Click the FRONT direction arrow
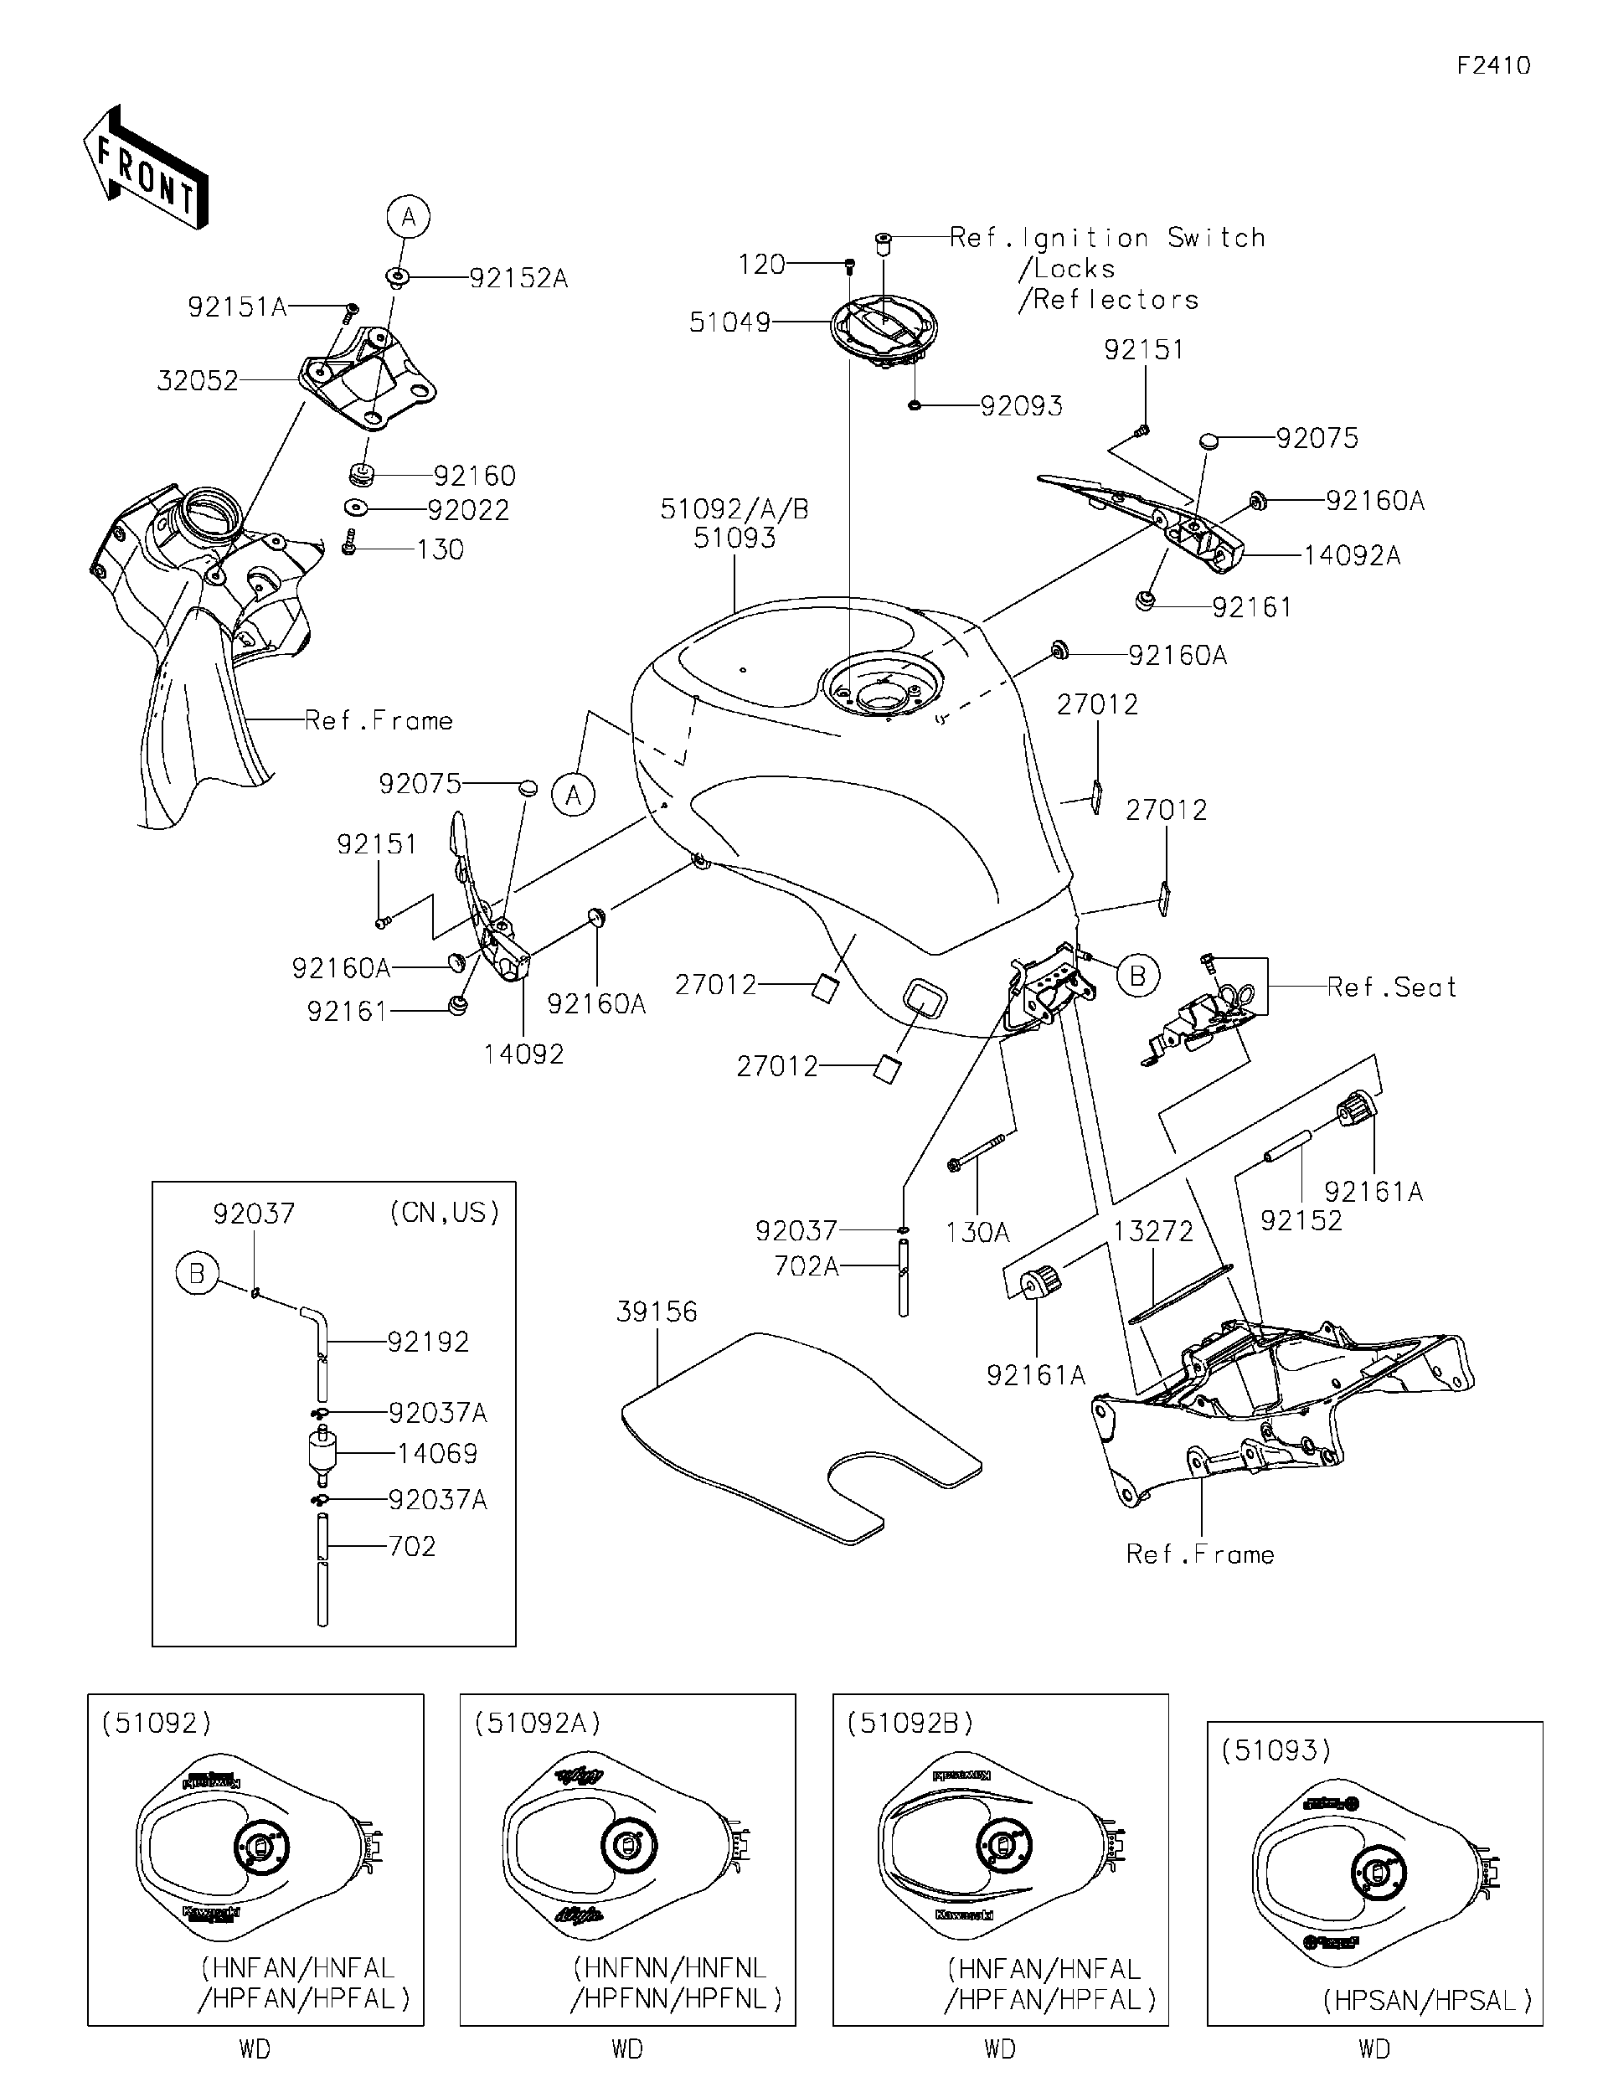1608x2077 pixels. pos(145,168)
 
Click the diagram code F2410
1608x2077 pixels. pos(1494,65)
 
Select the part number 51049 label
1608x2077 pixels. pos(729,323)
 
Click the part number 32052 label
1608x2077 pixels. pos(197,381)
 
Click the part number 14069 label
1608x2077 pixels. pos(437,1453)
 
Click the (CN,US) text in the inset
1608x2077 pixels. pos(444,1213)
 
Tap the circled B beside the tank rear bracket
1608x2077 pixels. pos(1137,975)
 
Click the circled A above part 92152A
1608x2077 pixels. pos(408,218)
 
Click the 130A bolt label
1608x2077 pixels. pos(977,1233)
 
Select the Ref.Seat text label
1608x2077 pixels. pos(1391,987)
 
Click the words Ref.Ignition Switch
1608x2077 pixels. pos(1108,238)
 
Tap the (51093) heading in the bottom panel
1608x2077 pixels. pos(1276,1750)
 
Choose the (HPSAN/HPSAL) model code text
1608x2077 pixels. pos(1426,2001)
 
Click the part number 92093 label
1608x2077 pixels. pos(1021,407)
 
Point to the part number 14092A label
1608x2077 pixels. pos(1351,555)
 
